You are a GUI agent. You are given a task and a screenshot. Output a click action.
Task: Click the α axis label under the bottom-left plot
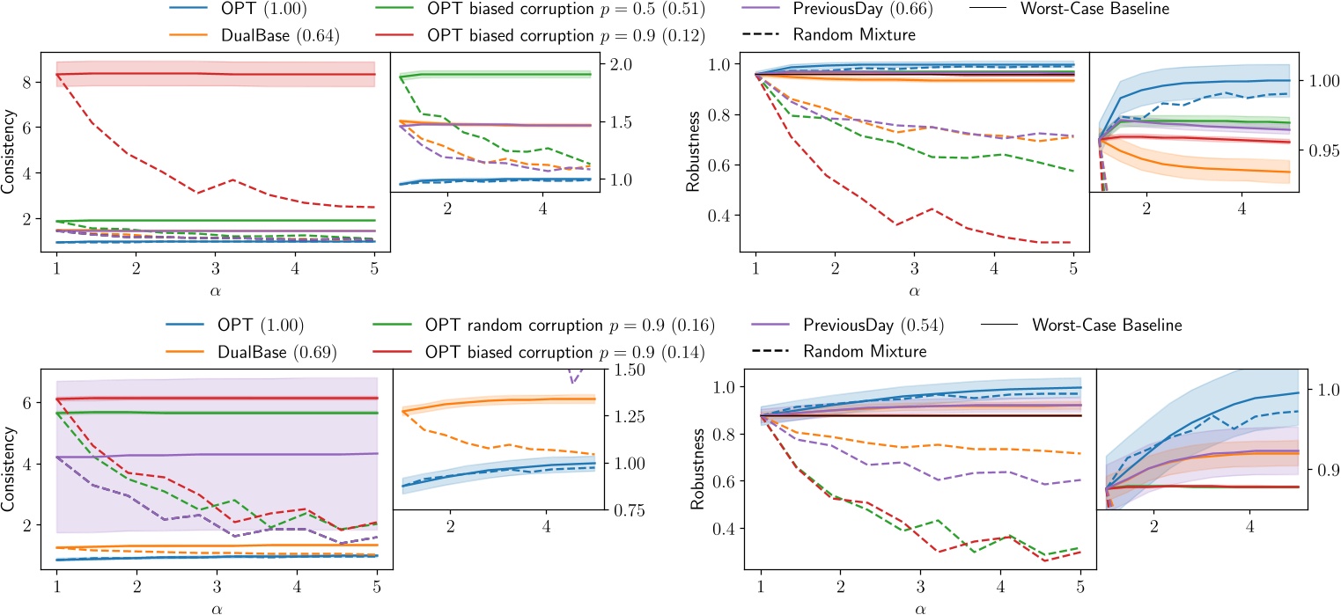click(217, 606)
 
